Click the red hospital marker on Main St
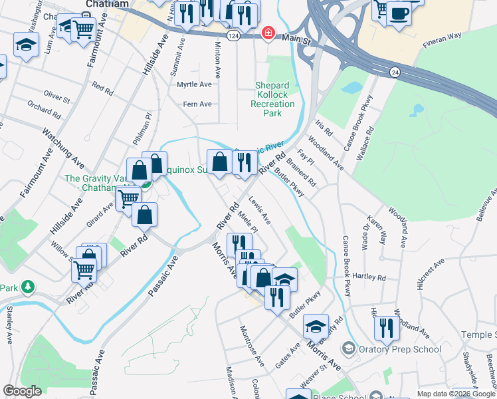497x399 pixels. click(x=268, y=33)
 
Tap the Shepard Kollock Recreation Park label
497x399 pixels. click(x=272, y=99)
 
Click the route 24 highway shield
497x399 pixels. click(x=395, y=72)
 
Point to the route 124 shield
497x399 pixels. click(x=232, y=34)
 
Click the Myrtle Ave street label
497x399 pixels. click(x=194, y=84)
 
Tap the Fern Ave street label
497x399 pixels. click(x=197, y=104)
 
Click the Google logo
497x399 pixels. click(x=23, y=391)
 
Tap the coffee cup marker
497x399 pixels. click(x=399, y=14)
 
